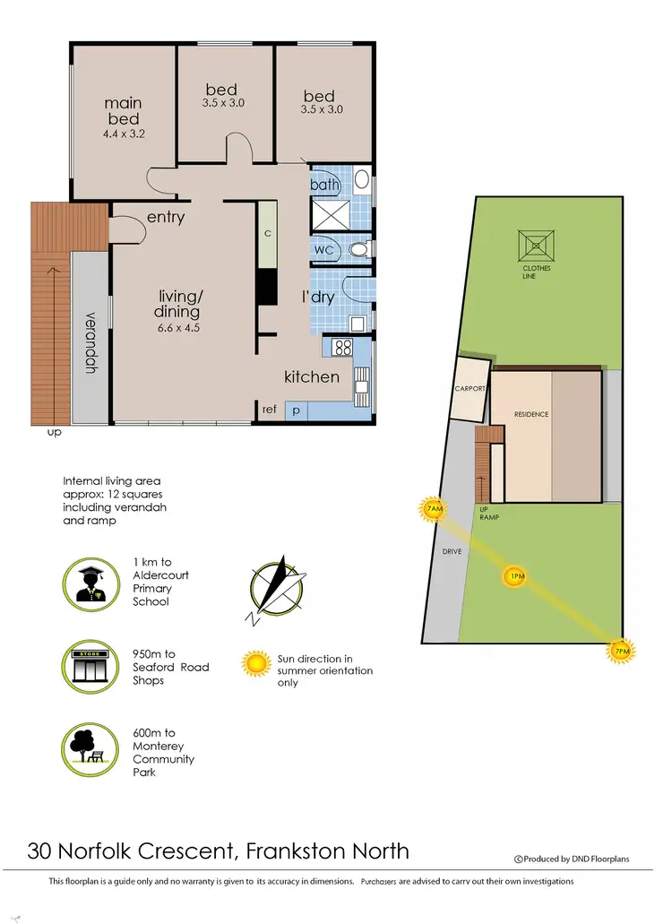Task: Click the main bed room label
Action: pyautogui.click(x=123, y=112)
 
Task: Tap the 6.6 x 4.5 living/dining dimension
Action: pyautogui.click(x=177, y=327)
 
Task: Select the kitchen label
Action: pyautogui.click(x=312, y=376)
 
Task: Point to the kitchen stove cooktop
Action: pyautogui.click(x=342, y=347)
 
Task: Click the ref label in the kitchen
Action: pyautogui.click(x=269, y=410)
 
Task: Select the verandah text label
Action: pyautogui.click(x=90, y=341)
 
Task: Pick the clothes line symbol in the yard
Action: pyautogui.click(x=538, y=244)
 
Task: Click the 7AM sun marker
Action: pyautogui.click(x=435, y=511)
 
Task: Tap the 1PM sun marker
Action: pyautogui.click(x=515, y=576)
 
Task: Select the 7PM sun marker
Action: pyautogui.click(x=620, y=651)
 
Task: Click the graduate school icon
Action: pyautogui.click(x=90, y=583)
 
